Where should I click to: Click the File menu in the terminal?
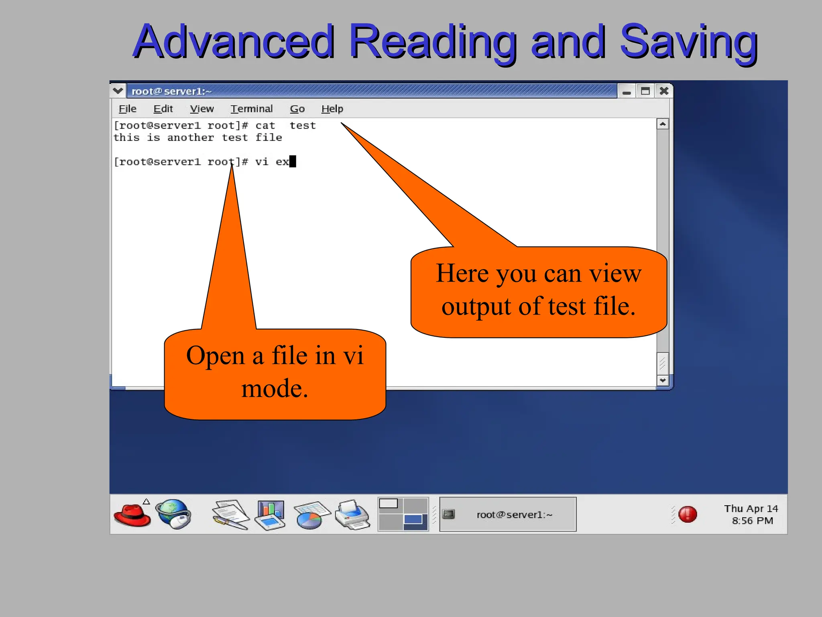click(x=128, y=109)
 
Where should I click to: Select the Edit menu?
click(x=163, y=109)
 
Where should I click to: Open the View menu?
click(x=202, y=109)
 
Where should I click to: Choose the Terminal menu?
click(x=252, y=109)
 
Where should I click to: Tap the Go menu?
click(x=297, y=109)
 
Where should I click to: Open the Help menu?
click(x=332, y=109)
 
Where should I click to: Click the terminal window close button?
click(x=664, y=91)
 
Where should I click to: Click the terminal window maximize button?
click(x=645, y=91)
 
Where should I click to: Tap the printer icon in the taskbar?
click(x=352, y=515)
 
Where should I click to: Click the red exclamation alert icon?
click(x=688, y=514)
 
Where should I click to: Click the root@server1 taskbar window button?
click(x=508, y=515)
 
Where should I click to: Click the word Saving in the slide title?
click(x=688, y=42)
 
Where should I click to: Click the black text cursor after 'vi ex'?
click(x=293, y=161)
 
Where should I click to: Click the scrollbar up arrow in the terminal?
click(x=663, y=124)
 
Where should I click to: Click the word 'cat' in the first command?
click(x=265, y=126)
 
